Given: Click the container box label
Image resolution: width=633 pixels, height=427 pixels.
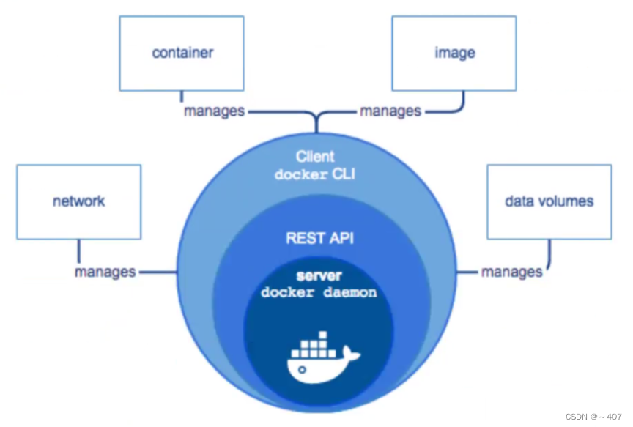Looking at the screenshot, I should (182, 53).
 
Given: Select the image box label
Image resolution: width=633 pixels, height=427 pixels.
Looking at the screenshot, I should (454, 53).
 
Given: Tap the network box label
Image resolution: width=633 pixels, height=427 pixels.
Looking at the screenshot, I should (78, 201).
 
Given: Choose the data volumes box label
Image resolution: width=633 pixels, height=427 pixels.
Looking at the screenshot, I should (549, 201).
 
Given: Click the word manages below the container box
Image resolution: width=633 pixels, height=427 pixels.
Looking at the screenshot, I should (213, 111).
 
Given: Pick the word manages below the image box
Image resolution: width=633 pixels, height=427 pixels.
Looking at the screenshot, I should (390, 111).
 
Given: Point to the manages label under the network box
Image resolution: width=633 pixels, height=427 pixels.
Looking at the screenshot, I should (105, 272).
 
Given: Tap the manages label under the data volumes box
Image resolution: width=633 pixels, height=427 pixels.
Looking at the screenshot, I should (511, 272).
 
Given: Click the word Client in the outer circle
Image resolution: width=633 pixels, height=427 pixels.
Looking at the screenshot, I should (315, 156).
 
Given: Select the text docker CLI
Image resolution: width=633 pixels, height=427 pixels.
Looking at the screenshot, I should (315, 175).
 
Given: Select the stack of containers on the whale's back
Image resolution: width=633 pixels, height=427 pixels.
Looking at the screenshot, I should (314, 344).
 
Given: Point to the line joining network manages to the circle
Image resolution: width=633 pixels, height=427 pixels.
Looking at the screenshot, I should (157, 272).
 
